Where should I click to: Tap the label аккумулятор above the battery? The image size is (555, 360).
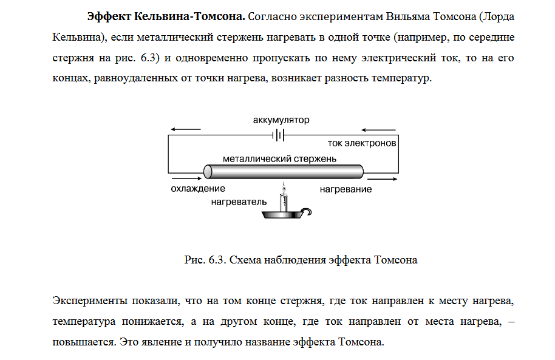[x=281, y=120]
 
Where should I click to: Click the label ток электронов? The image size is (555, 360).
[x=362, y=144]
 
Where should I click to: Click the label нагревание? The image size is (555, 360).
[x=346, y=189]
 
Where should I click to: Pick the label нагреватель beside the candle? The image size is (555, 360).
[x=239, y=200]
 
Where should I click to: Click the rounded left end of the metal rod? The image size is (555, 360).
[x=207, y=171]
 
